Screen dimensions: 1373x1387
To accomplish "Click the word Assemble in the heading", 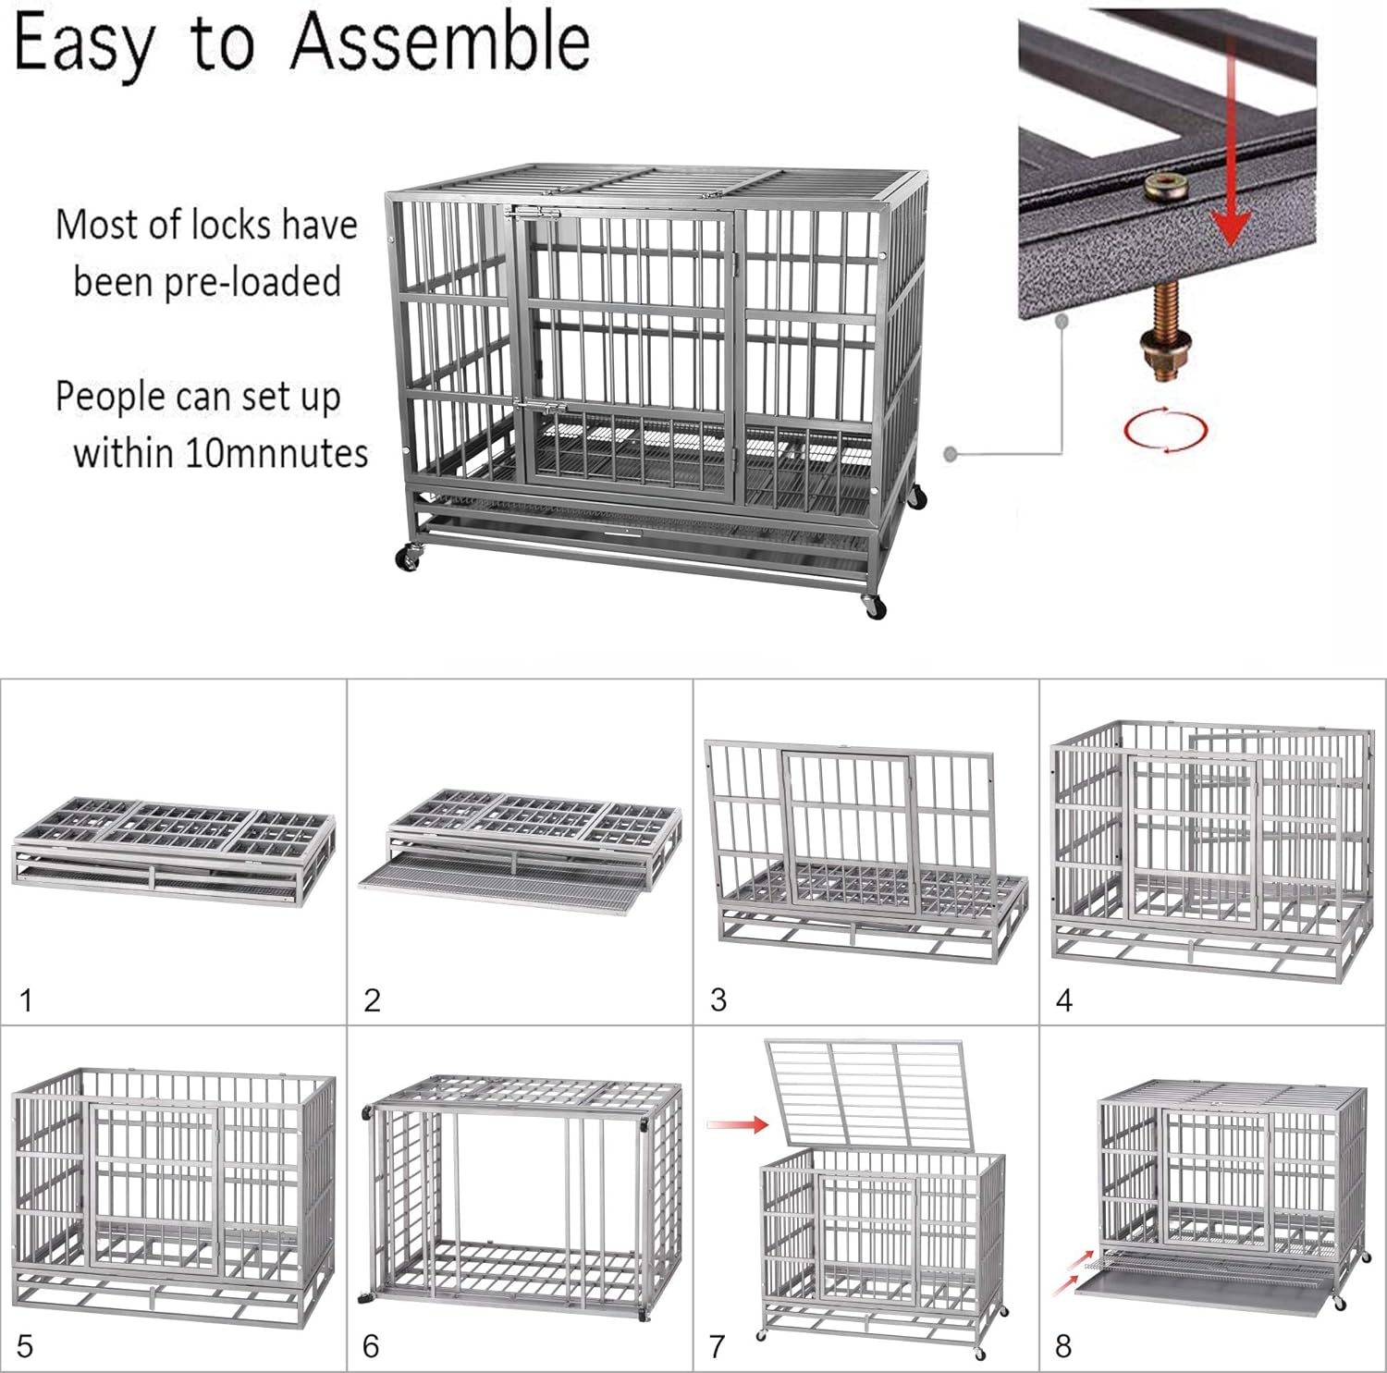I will pyautogui.click(x=440, y=43).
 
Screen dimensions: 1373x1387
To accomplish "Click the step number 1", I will pyautogui.click(x=26, y=999).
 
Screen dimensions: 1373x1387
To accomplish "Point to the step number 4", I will pyautogui.click(x=1064, y=999).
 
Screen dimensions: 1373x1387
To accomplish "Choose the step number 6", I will pyautogui.click(x=371, y=1345).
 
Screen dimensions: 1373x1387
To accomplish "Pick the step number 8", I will pyautogui.click(x=1063, y=1345).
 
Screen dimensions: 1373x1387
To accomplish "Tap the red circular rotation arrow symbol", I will pyautogui.click(x=1165, y=429).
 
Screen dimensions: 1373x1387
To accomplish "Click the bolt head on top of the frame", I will pyautogui.click(x=1164, y=190).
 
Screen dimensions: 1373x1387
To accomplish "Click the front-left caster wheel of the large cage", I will pyautogui.click(x=408, y=558).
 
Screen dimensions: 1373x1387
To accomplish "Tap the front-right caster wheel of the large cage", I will pyautogui.click(x=874, y=607).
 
